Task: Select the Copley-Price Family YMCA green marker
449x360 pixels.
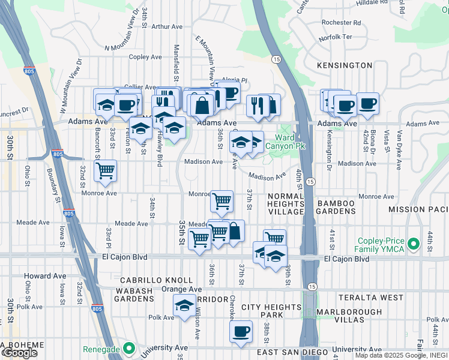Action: click(x=412, y=244)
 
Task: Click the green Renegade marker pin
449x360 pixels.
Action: click(x=128, y=347)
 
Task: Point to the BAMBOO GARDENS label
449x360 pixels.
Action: click(x=336, y=208)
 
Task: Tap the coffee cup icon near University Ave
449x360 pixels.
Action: click(x=241, y=332)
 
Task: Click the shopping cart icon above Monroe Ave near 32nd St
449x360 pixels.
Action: click(x=106, y=171)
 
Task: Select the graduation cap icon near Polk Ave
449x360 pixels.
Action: click(x=184, y=305)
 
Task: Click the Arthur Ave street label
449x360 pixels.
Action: click(x=167, y=26)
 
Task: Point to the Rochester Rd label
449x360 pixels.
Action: click(x=341, y=23)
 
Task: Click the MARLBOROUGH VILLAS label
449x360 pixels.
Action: click(x=349, y=316)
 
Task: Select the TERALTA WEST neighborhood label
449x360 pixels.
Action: click(x=370, y=298)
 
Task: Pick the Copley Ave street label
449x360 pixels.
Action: click(x=145, y=57)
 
